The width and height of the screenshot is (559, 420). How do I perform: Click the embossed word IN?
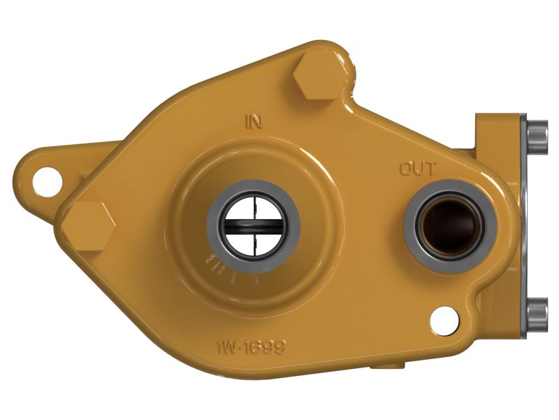tap(253, 122)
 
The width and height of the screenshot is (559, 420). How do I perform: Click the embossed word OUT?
tap(418, 169)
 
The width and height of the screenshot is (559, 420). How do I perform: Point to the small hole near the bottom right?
tap(444, 320)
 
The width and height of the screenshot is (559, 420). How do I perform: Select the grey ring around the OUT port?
tap(450, 195)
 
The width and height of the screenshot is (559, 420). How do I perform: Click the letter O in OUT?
tap(406, 169)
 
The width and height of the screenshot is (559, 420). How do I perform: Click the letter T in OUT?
tap(430, 169)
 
